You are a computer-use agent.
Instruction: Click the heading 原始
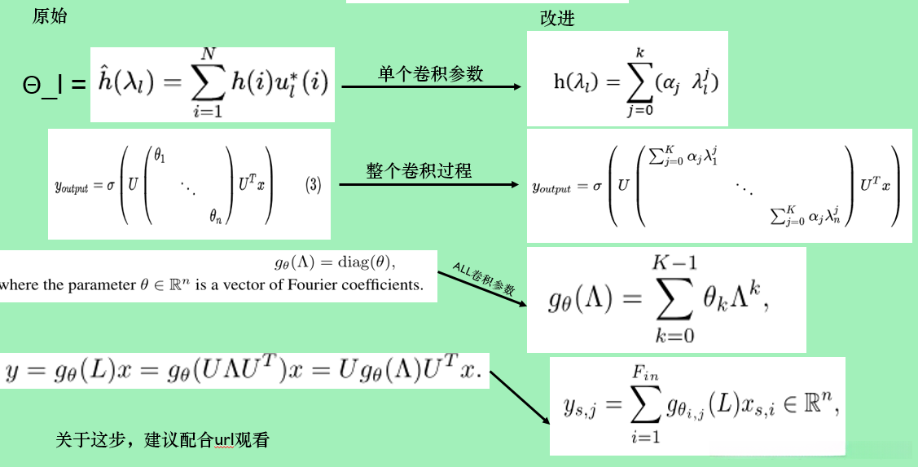click(49, 17)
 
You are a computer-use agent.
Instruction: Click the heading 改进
click(557, 18)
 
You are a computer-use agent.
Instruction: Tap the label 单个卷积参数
click(431, 74)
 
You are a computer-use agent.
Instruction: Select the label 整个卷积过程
click(419, 171)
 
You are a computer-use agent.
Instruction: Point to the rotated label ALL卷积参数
click(484, 278)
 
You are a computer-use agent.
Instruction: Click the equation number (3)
click(314, 185)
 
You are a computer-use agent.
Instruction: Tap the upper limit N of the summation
click(209, 54)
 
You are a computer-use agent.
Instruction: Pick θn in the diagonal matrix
click(216, 216)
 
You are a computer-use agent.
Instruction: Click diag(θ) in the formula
click(371, 262)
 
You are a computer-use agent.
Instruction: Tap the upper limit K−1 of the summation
click(674, 263)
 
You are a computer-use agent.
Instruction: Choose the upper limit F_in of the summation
click(644, 372)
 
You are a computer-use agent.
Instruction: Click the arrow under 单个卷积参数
click(432, 87)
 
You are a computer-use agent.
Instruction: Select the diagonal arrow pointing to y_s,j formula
click(519, 400)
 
